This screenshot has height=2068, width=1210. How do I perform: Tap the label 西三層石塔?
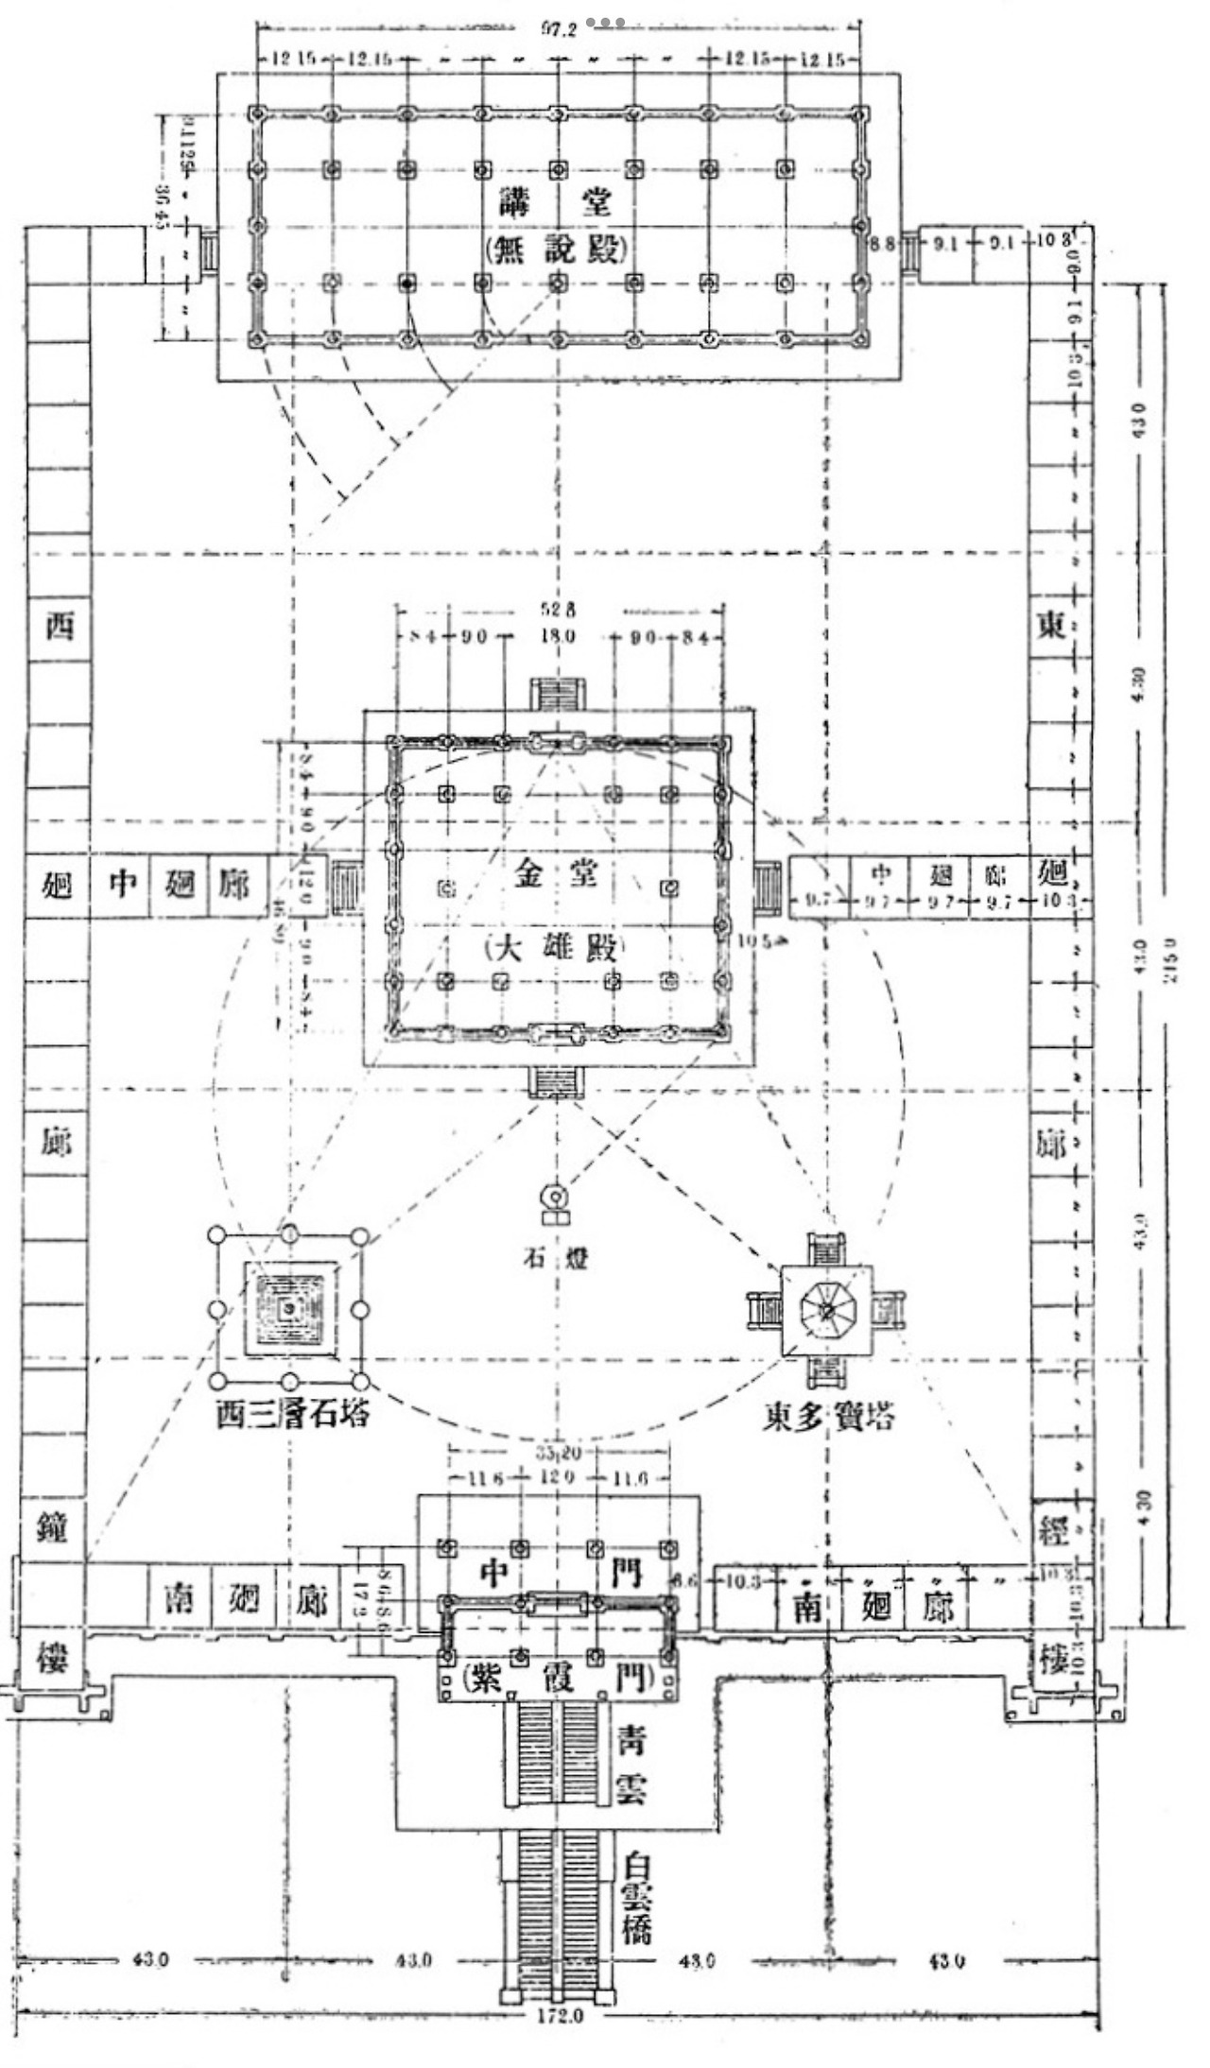click(x=292, y=1414)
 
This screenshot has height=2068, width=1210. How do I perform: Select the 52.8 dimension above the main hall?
click(x=558, y=611)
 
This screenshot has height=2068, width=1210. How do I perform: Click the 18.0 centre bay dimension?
click(x=558, y=635)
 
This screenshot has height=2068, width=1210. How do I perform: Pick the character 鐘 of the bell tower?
click(x=52, y=1527)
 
